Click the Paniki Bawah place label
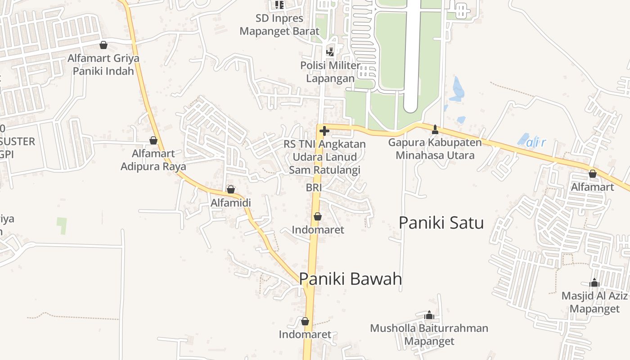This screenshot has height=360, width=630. click(350, 279)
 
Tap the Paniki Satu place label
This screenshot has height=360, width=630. click(441, 223)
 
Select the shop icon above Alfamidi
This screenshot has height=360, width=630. click(231, 189)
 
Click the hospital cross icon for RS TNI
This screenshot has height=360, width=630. click(324, 131)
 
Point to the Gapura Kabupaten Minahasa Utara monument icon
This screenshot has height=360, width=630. click(435, 130)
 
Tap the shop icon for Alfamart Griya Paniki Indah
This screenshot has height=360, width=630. click(103, 45)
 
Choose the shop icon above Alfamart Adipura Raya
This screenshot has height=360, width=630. click(153, 140)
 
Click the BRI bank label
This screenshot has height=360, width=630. click(313, 188)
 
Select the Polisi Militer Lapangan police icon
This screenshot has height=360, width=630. click(330, 52)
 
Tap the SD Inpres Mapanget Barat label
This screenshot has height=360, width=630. click(279, 25)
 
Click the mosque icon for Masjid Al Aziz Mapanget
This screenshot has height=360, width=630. click(594, 283)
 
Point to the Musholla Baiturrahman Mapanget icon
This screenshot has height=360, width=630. click(429, 315)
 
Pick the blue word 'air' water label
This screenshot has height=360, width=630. click(536, 143)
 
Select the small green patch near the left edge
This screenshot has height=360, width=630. click(62, 225)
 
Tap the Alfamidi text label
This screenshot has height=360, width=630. click(231, 203)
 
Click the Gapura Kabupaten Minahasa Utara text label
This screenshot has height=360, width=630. click(435, 149)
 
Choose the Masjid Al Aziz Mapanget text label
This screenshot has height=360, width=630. click(594, 302)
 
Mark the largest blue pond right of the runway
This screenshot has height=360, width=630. click(457, 89)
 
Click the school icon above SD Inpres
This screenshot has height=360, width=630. click(279, 5)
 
